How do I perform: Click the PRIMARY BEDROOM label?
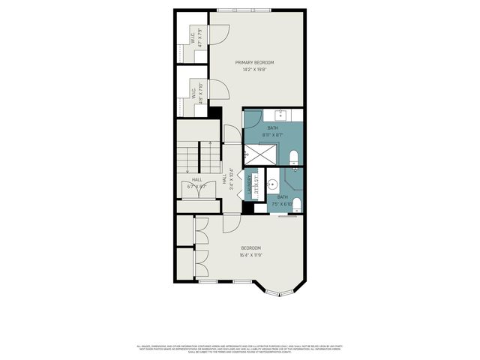(254, 62)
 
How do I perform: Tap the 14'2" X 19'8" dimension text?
(254, 70)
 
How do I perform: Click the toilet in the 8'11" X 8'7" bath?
(294, 157)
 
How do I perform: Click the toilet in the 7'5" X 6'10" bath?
(298, 204)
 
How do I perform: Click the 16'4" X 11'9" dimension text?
(250, 255)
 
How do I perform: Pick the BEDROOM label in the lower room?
(250, 248)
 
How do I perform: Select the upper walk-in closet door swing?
(220, 34)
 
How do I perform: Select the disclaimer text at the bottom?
(240, 349)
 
